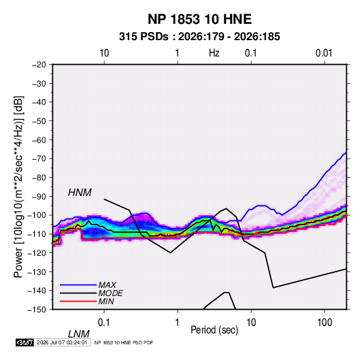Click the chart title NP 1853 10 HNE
[199, 19]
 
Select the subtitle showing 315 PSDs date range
[199, 37]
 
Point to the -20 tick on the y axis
[39, 65]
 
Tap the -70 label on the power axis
[39, 159]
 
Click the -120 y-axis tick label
[37, 252]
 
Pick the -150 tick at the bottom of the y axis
[37, 310]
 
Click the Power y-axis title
[18, 187]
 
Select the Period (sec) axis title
[214, 330]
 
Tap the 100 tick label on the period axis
[325, 323]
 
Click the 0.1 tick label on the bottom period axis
[104, 323]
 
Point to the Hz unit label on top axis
[214, 53]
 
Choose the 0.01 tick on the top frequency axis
[324, 53]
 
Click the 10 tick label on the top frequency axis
[104, 53]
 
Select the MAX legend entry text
[107, 285]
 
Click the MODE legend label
[110, 293]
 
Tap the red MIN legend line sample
[78, 301]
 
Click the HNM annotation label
[80, 193]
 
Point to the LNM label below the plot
[79, 334]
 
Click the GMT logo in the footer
[24, 342]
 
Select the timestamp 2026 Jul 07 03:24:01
[62, 342]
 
